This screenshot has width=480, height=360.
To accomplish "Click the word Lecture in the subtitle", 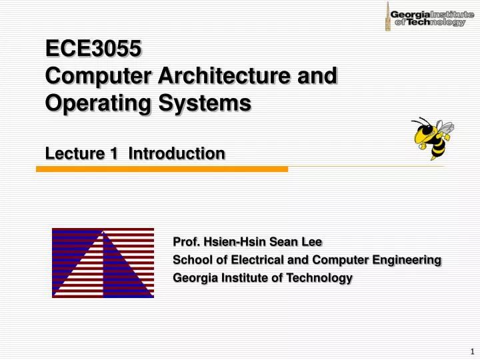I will coord(71,154).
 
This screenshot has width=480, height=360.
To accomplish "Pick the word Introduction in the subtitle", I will coord(177,154).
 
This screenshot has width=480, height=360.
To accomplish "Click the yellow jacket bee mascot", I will coord(431,137).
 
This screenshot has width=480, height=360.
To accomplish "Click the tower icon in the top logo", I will coord(387,16).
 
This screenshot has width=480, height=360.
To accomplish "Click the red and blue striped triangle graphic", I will coord(103,263).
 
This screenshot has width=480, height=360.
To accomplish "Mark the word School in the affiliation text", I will coord(190,259).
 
